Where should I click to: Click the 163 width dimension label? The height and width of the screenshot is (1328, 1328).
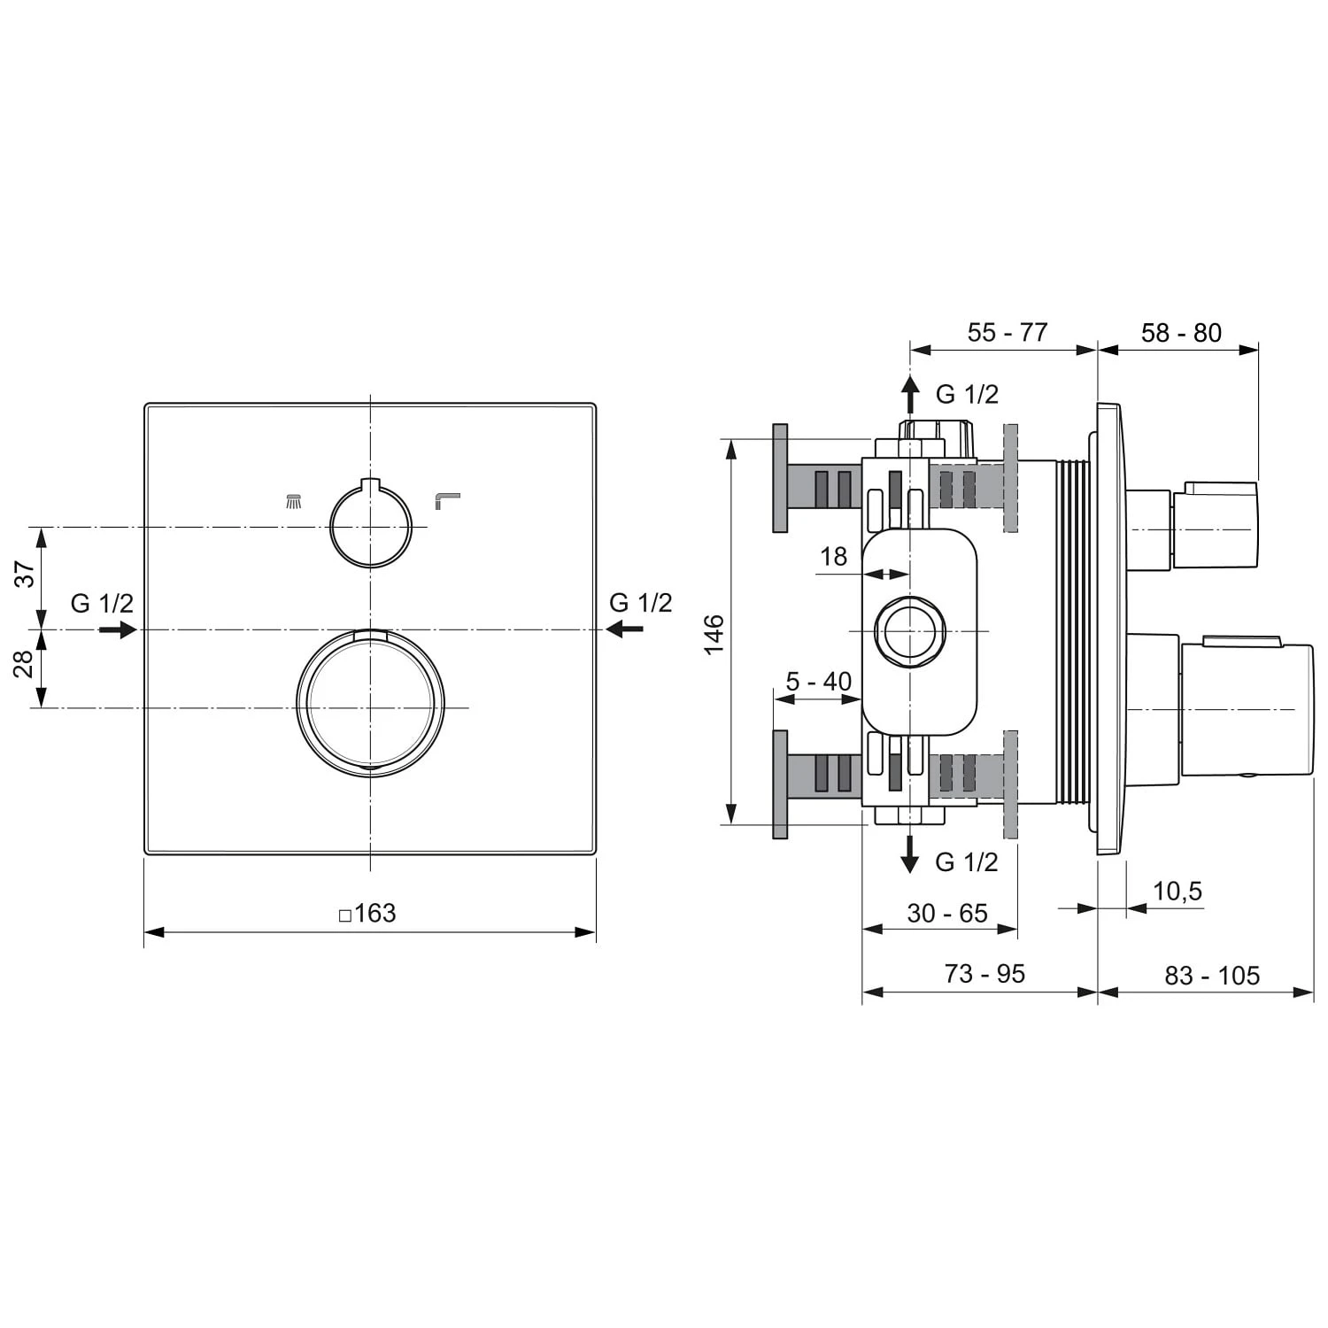[368, 913]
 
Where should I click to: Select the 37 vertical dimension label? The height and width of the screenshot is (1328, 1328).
[26, 574]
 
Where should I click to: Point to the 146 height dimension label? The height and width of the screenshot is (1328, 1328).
[714, 634]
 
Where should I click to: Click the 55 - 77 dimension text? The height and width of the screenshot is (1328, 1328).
[1007, 333]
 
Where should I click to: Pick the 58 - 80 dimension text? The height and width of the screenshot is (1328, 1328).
[1180, 333]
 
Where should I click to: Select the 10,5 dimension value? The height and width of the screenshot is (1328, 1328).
[1177, 891]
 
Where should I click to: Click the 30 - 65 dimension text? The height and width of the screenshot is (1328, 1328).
[946, 913]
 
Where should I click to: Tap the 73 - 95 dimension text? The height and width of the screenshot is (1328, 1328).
[984, 974]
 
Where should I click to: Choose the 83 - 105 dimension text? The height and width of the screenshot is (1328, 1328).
[1211, 976]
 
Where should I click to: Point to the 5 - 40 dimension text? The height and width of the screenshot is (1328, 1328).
[818, 681]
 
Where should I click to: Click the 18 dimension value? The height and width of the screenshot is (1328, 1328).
[833, 557]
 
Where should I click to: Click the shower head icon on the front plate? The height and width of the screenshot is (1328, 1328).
[294, 502]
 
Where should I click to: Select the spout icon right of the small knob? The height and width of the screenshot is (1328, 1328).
[447, 501]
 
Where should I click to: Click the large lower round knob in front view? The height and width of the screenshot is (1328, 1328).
[370, 705]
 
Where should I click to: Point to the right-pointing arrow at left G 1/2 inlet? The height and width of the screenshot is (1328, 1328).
[117, 629]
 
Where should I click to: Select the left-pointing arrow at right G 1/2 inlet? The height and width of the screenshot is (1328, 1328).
[625, 629]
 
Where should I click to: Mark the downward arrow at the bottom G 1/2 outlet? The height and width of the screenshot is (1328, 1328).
[909, 854]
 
